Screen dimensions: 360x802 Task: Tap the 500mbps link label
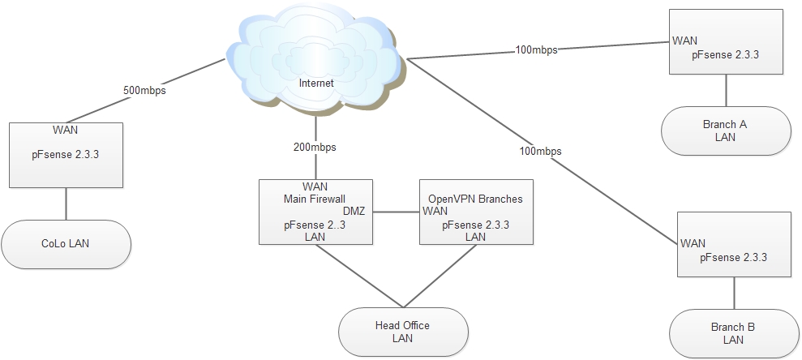[x=145, y=91]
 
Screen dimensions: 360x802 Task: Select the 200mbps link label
[x=315, y=148]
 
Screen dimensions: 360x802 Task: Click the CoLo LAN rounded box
[x=66, y=243]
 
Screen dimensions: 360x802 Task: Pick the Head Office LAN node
[x=402, y=332]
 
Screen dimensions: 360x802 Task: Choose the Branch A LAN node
[x=725, y=131]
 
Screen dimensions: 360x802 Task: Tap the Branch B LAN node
[x=733, y=333]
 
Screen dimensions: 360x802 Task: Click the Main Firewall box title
[x=315, y=199]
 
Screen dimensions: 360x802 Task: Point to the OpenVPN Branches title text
[x=475, y=199]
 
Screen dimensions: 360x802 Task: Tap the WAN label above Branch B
[x=693, y=242]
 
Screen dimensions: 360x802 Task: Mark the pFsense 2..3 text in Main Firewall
[x=315, y=225]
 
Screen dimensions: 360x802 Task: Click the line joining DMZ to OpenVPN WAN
[x=396, y=212]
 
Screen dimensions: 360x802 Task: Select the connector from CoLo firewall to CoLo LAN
[x=66, y=203]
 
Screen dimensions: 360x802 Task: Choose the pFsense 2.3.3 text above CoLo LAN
[x=66, y=152]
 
